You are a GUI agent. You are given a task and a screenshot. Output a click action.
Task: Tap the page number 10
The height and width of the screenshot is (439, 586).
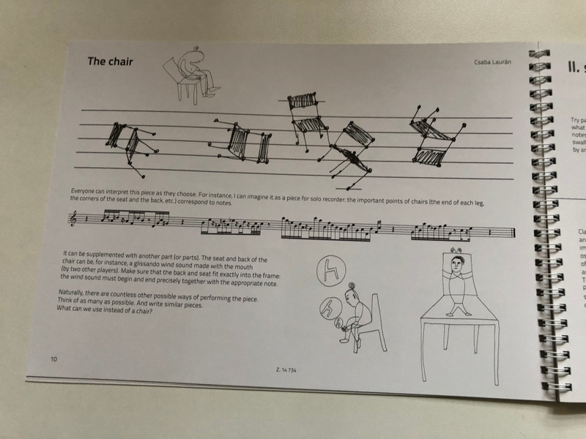tap(54, 359)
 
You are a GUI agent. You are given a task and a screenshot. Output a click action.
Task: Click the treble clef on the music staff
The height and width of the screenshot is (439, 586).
tap(73, 219)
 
